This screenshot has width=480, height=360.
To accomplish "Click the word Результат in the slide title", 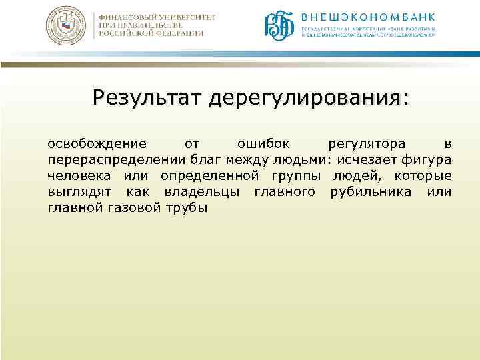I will (147, 97).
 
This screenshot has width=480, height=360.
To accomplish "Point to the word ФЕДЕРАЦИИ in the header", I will (176, 34).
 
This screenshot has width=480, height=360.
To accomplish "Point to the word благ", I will (205, 160).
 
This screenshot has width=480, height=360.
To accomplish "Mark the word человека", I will (81, 176).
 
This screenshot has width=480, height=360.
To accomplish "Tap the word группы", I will (296, 176).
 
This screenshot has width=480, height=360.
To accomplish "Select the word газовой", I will (141, 208).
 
